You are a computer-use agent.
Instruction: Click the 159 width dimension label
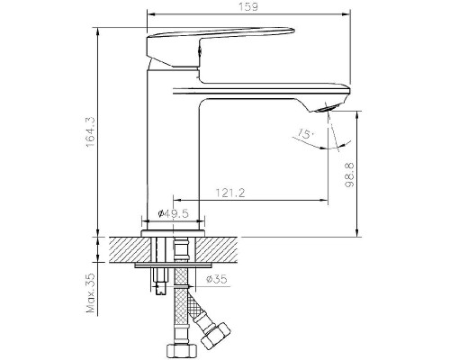pos(248,6)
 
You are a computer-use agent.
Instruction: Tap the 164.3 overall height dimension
pos(91,132)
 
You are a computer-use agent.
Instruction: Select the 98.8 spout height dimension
pos(350,175)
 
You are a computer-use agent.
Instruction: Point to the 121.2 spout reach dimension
pos(230,193)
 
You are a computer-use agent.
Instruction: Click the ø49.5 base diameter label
pos(173,213)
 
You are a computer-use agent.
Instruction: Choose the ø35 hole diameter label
pos(217,279)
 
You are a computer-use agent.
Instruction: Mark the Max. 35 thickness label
pos(91,292)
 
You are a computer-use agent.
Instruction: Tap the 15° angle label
pos(306,133)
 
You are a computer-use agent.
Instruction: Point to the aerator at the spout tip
pos(328,108)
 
